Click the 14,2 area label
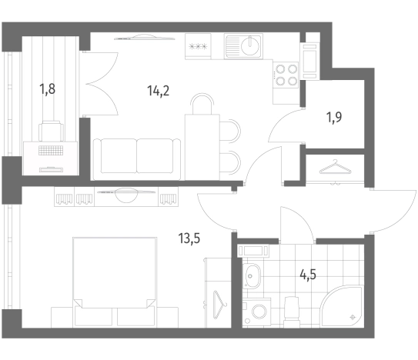(158, 91)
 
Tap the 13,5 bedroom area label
(189, 238)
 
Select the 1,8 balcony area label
(48, 89)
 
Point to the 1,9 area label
(334, 117)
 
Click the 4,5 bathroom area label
(308, 275)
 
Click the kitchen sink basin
(250, 45)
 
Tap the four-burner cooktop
(286, 75)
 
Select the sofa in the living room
(137, 156)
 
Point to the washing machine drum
(259, 312)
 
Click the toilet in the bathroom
(292, 312)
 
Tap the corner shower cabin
(342, 306)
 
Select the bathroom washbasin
(251, 276)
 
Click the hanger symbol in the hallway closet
(335, 167)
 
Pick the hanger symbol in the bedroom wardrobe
(219, 305)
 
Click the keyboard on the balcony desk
(51, 151)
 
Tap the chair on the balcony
(51, 131)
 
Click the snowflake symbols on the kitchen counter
(198, 47)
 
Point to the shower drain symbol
(353, 317)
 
